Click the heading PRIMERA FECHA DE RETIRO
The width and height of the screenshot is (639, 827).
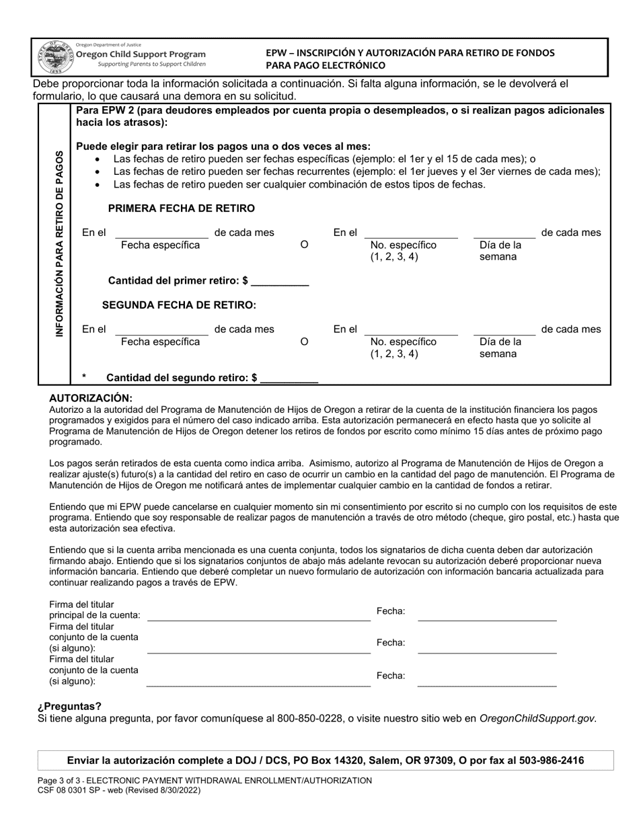181,208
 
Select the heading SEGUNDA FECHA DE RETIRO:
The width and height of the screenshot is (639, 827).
179,305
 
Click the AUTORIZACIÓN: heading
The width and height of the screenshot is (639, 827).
91,398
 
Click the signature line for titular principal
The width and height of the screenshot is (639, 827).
258,615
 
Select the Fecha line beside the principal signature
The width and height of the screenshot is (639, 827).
487,615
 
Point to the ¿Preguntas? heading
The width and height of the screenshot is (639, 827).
70,706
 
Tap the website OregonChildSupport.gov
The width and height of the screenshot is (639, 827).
537,718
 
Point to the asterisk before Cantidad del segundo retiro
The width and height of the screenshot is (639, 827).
84,378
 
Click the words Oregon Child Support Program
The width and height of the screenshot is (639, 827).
141,54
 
